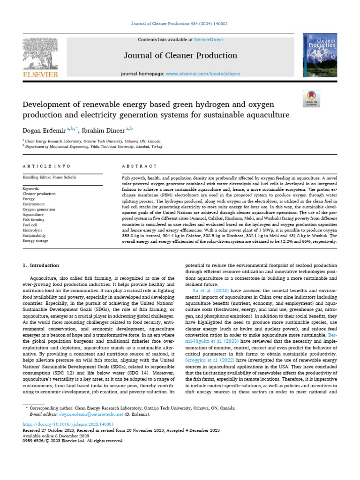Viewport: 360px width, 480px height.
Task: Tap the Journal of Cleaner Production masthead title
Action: click(180, 56)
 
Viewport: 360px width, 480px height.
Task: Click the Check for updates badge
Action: click(311, 98)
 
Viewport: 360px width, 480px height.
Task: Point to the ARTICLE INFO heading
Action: click(47, 166)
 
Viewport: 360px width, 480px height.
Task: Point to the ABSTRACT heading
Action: click(139, 166)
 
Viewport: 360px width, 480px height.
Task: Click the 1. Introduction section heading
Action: click(42, 266)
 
